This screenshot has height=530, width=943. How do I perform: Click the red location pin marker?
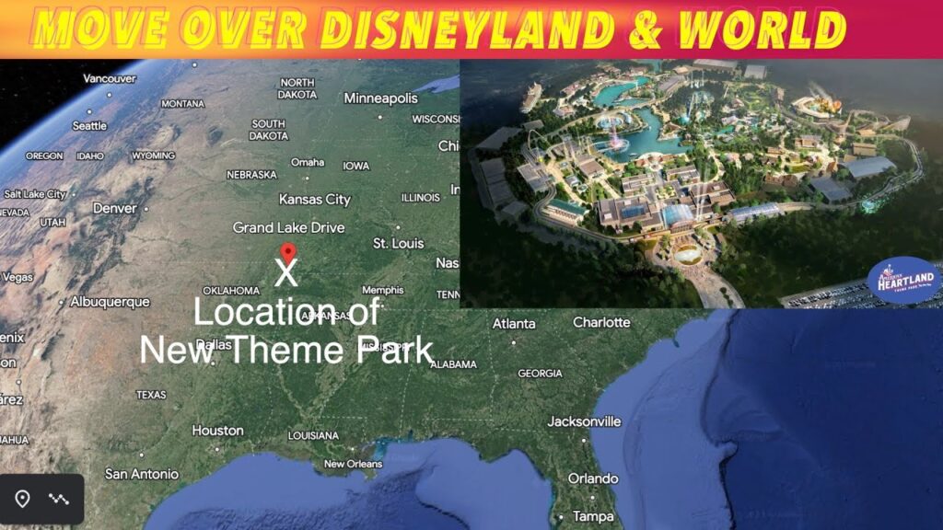pos(287,252)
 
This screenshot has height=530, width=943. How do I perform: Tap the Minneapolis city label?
pos(380,98)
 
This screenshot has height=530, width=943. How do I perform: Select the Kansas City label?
pos(314,199)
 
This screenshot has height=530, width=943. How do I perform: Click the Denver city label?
pos(114,208)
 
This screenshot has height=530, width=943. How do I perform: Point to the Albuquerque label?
pos(110,302)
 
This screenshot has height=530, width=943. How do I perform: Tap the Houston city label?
pos(217,430)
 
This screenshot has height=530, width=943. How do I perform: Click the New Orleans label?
pos(352,464)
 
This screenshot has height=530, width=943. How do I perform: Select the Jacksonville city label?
pos(584,421)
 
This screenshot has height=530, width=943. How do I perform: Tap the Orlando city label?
pos(592,478)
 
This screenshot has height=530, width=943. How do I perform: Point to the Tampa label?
pos(592,516)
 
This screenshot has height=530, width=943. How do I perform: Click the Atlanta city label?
pos(514,323)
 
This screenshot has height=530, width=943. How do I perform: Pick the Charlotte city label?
pos(601,322)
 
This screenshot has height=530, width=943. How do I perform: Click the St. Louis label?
pos(398,243)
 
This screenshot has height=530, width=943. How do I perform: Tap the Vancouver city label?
pos(110,78)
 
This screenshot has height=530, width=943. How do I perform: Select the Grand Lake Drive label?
pos(288,227)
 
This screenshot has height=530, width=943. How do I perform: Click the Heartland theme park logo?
pos(903,281)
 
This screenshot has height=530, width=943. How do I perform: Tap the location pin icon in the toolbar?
pos(22,499)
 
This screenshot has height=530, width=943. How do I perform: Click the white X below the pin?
pos(286,273)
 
